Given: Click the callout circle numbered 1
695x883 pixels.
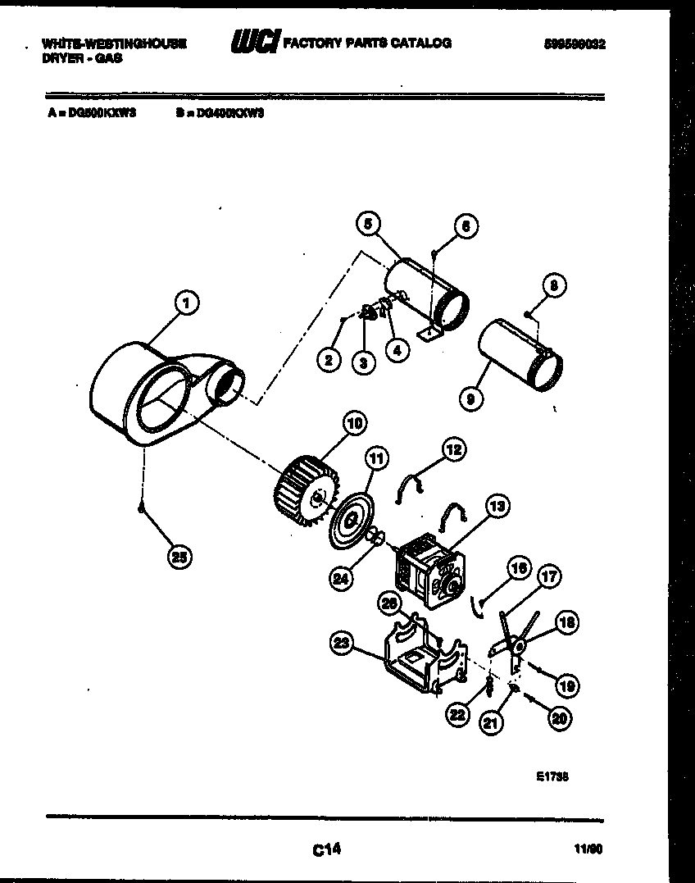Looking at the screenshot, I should click(187, 304).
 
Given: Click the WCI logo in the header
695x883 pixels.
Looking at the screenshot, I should click(254, 43).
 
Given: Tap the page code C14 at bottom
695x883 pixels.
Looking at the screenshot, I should click(325, 850).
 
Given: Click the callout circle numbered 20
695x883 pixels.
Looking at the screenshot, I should click(559, 719).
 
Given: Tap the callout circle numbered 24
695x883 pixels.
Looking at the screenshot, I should click(342, 577).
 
